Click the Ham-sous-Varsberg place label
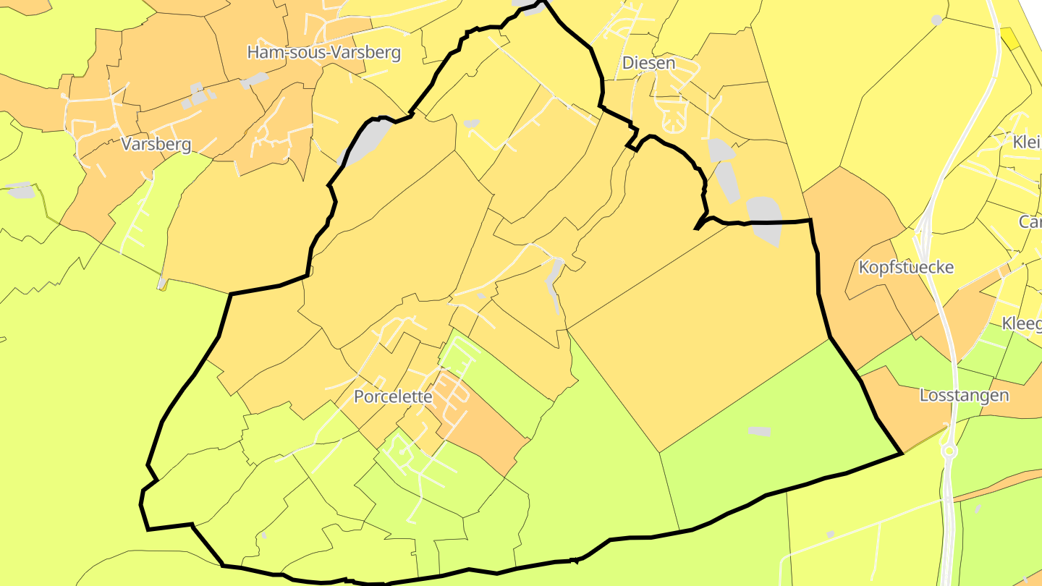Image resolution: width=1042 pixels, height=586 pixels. [x=323, y=52]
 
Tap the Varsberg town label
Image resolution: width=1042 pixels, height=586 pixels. [x=156, y=144]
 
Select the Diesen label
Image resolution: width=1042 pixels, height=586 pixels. [x=648, y=63]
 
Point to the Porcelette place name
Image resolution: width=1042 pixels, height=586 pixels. [x=393, y=396]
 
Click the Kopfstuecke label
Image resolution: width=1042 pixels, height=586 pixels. [x=906, y=267]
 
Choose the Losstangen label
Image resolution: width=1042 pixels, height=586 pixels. [x=964, y=395]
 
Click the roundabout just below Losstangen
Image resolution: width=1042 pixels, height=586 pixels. [x=950, y=451]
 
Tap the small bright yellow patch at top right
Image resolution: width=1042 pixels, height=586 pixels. [x=1009, y=38]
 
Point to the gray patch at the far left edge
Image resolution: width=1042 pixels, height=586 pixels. [x=20, y=190]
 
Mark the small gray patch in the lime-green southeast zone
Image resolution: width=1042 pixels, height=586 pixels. [x=759, y=431]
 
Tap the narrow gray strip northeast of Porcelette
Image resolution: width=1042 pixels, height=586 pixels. [x=554, y=282]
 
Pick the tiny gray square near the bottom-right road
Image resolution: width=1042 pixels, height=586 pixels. [x=831, y=534]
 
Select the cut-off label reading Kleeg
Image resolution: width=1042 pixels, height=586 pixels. [x=1022, y=323]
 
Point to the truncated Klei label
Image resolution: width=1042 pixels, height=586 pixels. [x=1028, y=141]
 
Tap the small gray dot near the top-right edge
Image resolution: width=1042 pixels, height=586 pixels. [x=937, y=20]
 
